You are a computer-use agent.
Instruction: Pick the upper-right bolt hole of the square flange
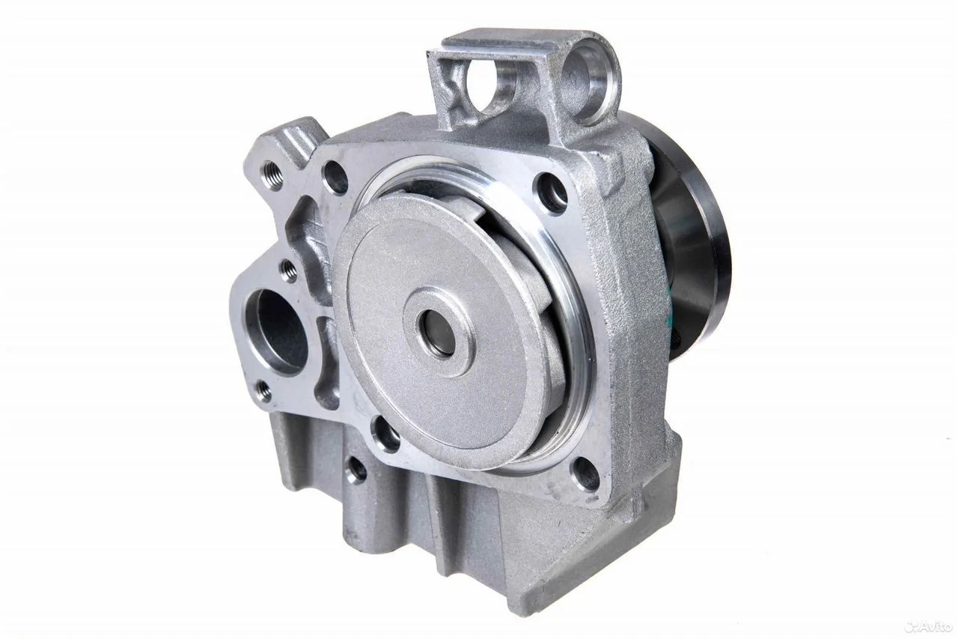click(x=552, y=193)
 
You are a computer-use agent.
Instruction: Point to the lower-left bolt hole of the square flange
click(x=385, y=434)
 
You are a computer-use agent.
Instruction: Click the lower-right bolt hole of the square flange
click(x=585, y=475)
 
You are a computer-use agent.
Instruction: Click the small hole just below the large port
click(x=264, y=390)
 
